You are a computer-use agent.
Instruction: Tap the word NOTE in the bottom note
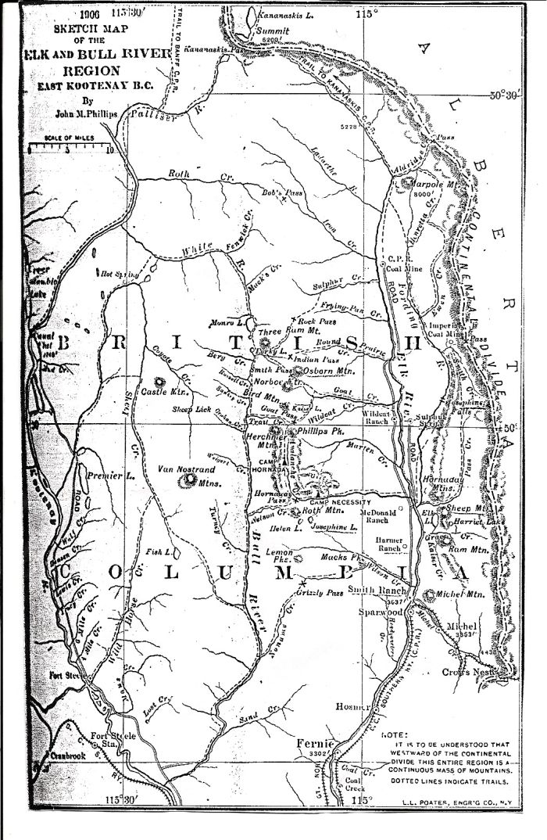[x=393, y=734]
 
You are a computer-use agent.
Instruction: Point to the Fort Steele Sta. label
[x=114, y=740]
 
